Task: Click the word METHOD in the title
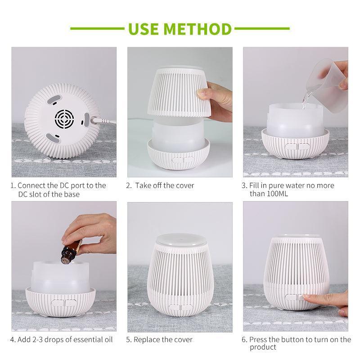tap(198, 29)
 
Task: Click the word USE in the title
tap(144, 29)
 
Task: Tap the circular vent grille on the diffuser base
tap(64, 119)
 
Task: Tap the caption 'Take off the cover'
tap(165, 185)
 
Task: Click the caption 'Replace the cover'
tap(163, 340)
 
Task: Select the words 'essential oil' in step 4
tap(93, 340)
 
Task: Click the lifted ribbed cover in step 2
tap(180, 92)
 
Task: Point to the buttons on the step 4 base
tap(64, 303)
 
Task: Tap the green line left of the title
tap(97, 29)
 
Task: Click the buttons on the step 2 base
tap(183, 160)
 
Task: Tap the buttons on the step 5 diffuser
tap(181, 307)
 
